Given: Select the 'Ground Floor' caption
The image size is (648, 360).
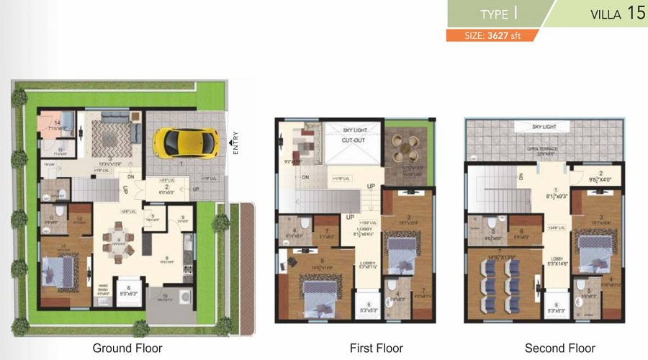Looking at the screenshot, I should (x=127, y=348).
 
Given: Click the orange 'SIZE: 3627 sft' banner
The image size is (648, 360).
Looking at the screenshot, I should (x=489, y=35).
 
